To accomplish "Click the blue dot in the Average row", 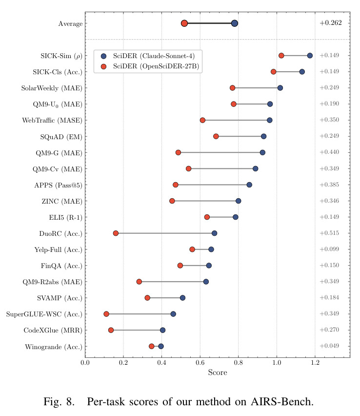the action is (x=234, y=23).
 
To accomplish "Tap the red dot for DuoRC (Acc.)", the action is (x=116, y=233).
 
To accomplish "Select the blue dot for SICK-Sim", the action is (x=310, y=56).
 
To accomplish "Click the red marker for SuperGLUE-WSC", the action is (x=106, y=314).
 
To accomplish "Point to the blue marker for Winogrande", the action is (x=161, y=346).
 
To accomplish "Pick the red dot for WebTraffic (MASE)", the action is (x=202, y=120).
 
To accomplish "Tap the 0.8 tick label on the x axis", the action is (x=239, y=362).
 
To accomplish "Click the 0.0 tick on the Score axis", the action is (x=85, y=362).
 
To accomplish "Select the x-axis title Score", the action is (x=218, y=372).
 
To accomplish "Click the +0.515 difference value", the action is (x=329, y=233).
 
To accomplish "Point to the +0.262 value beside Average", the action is (x=331, y=23).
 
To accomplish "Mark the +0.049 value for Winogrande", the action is (x=329, y=346).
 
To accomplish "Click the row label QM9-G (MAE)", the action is (x=59, y=153).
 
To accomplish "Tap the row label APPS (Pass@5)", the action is (x=59, y=185).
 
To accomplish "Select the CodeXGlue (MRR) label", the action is (x=53, y=330).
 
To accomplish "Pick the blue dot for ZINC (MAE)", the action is (x=239, y=201).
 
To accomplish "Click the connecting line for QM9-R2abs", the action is (x=173, y=282).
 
